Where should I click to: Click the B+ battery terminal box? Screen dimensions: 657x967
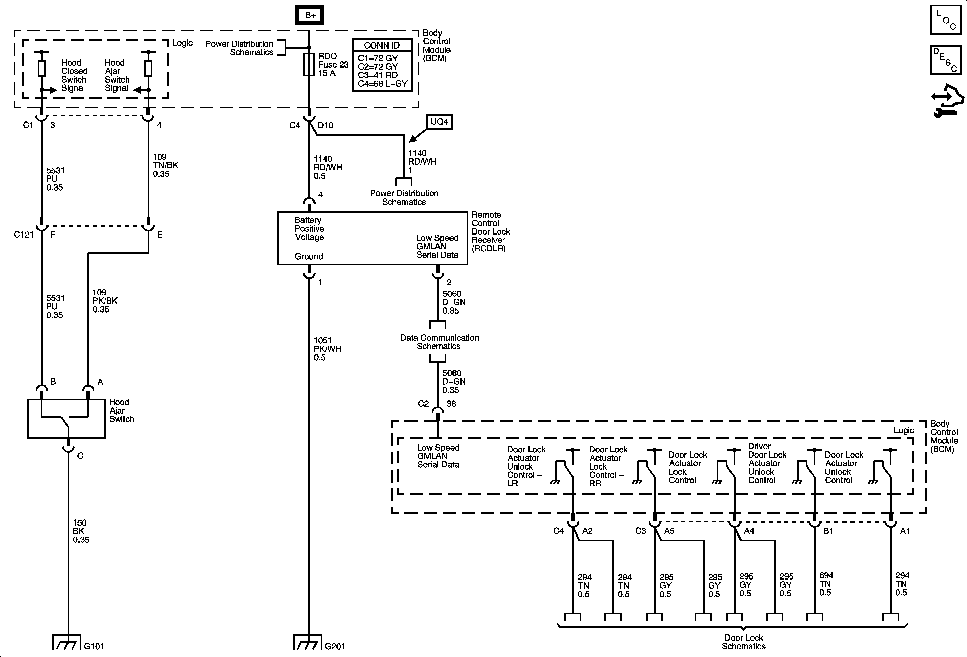[x=310, y=15]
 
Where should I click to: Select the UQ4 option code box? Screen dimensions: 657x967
[x=439, y=122]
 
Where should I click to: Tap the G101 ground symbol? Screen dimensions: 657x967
[x=66, y=642]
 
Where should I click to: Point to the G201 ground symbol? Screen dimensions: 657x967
[x=308, y=642]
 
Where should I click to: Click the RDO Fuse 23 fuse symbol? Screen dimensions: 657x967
[x=309, y=64]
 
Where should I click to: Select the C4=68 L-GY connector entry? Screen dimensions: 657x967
[x=383, y=84]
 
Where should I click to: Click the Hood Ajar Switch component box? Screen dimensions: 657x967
[x=66, y=419]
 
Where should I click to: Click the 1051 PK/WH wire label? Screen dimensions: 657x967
[x=327, y=349]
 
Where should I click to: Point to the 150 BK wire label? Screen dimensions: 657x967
[x=81, y=531]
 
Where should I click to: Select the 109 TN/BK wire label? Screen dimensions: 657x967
[x=165, y=165]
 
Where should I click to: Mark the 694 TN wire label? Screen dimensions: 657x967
[x=826, y=584]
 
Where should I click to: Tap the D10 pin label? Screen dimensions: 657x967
[x=325, y=126]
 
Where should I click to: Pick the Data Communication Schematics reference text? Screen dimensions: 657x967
[x=439, y=342]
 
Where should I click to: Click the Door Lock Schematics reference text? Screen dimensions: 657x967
[x=744, y=642]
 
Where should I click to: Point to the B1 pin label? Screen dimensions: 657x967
[x=828, y=531]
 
